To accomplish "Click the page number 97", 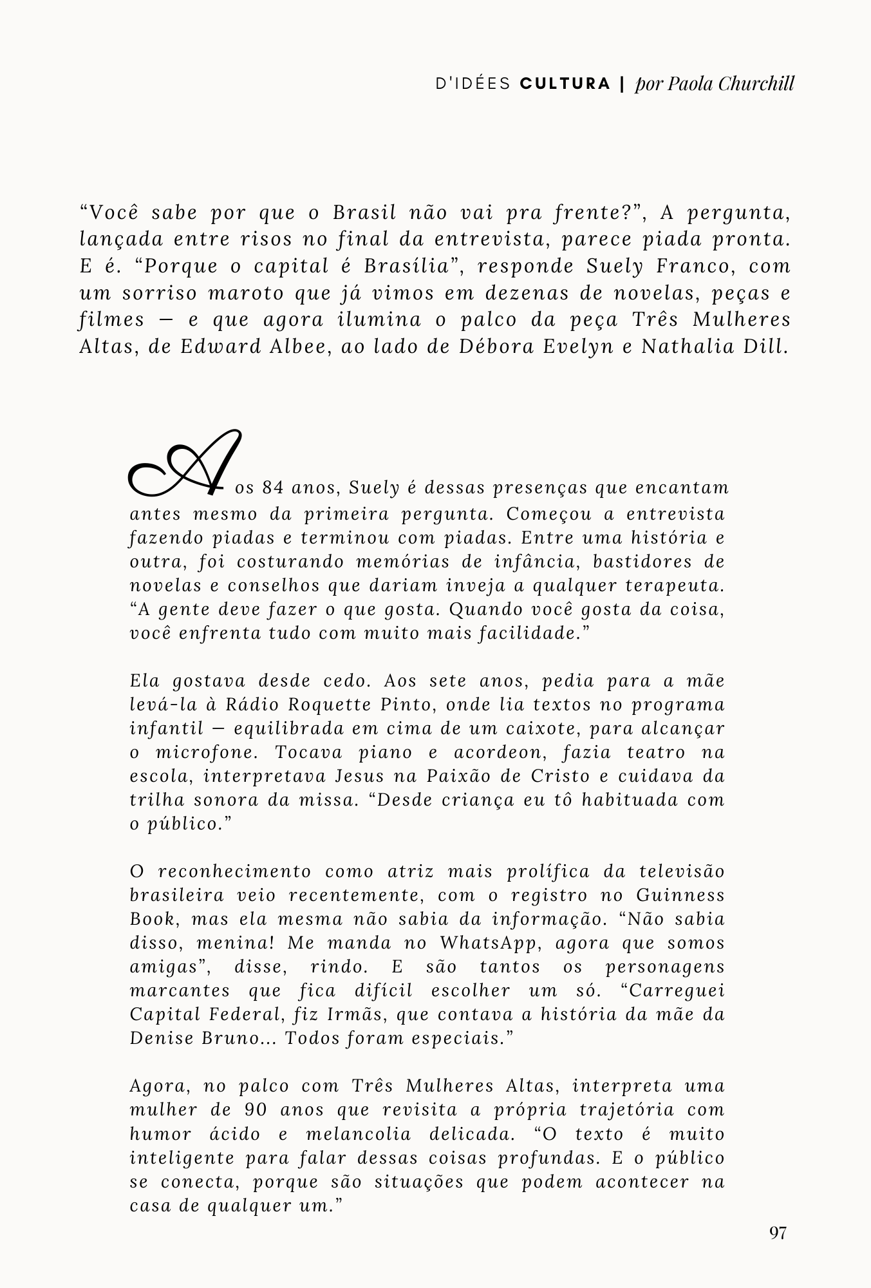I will point(778,1233).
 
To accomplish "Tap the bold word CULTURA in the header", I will point(565,84).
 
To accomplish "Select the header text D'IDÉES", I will point(473,84).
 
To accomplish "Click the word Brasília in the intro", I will point(406,266).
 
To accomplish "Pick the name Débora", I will point(496,346).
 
